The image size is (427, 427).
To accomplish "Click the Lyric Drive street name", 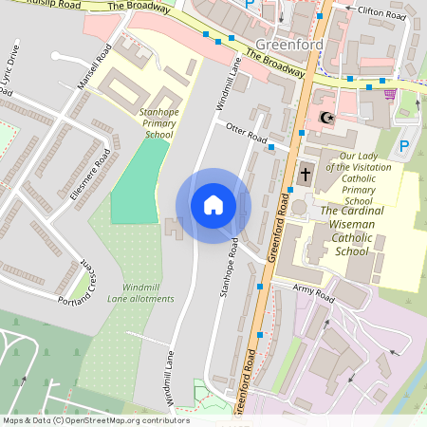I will pos(9,77).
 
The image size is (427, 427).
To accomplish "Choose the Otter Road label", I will pos(246,133).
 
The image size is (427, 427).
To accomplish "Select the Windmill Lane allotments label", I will pos(147,292).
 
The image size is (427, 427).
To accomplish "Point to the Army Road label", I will pos(314,296).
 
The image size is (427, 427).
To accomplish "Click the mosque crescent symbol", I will pos(326,118).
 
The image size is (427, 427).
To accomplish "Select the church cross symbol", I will pos(306,175).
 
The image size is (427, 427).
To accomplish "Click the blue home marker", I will pos(213,205).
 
